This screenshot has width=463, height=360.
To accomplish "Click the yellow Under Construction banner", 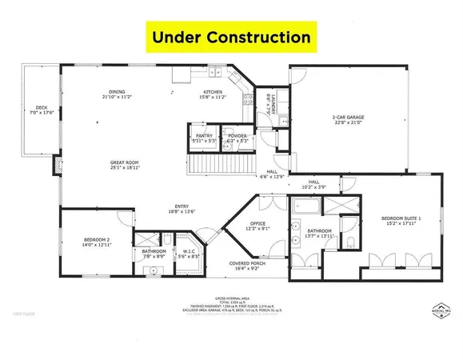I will tap(232, 38).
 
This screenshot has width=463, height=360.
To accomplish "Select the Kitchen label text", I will tap(213, 94).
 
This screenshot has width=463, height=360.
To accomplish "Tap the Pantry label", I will tap(204, 138).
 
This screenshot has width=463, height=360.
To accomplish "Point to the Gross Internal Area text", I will tap(232, 297).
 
